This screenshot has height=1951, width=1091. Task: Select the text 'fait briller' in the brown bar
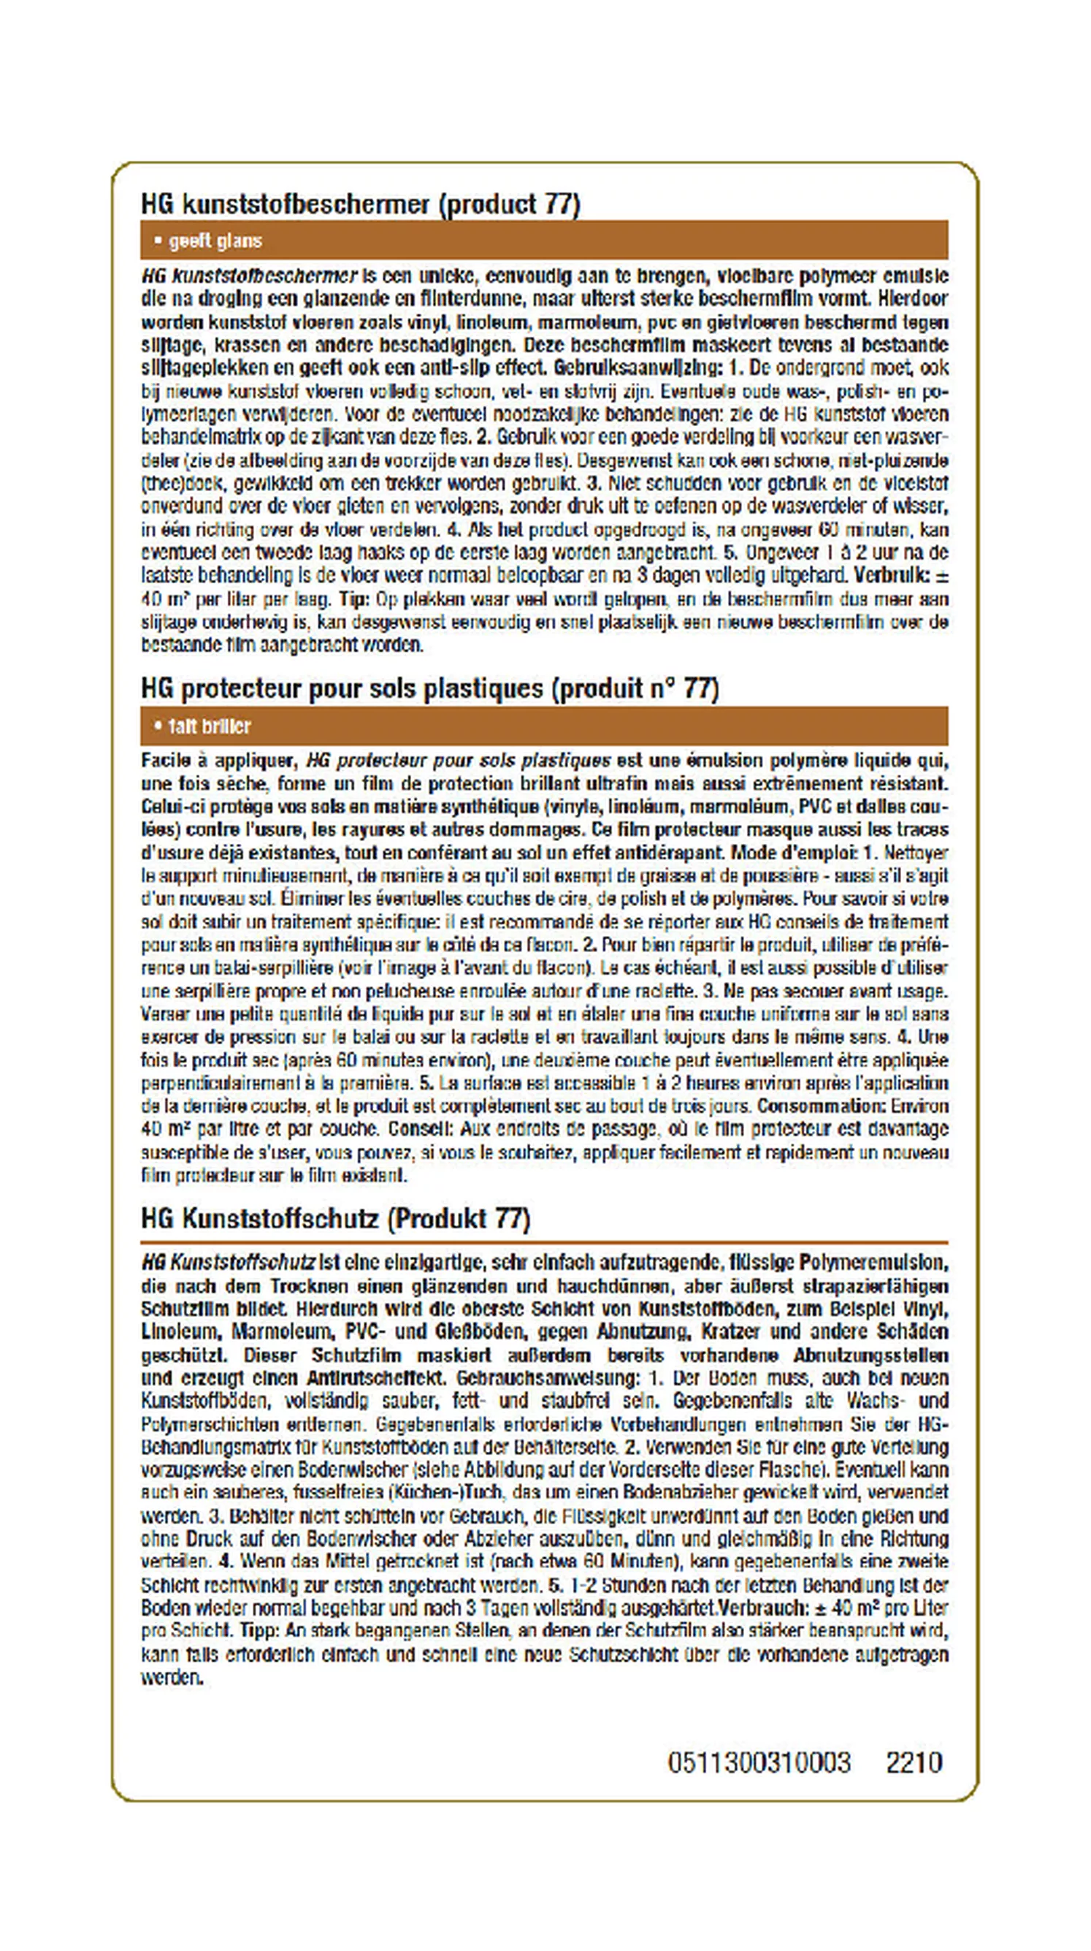click(x=210, y=726)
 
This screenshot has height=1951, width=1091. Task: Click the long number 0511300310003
click(x=759, y=1762)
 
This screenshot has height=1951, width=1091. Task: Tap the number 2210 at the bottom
click(x=914, y=1762)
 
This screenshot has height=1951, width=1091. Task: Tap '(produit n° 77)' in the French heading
click(x=635, y=688)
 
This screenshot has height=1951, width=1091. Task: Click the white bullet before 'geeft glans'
click(x=158, y=241)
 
